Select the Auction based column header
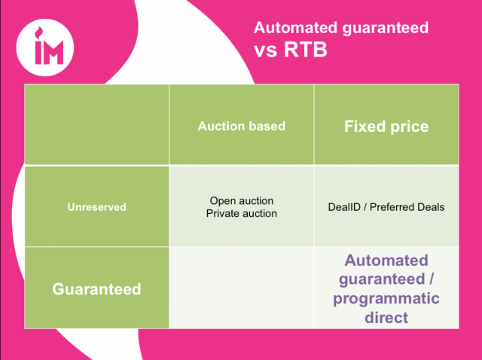(x=242, y=126)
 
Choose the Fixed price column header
(x=386, y=126)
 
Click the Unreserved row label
(x=96, y=206)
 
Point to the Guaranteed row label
(x=96, y=288)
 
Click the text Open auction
(x=242, y=201)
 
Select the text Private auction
(x=242, y=213)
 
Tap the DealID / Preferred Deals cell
(x=386, y=206)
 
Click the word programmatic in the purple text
(x=386, y=299)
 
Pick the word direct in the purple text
(x=386, y=318)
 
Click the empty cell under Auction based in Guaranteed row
(x=242, y=288)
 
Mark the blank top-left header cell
(x=96, y=124)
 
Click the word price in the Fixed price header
(x=407, y=126)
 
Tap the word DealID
(x=346, y=206)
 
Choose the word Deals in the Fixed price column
(x=430, y=206)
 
